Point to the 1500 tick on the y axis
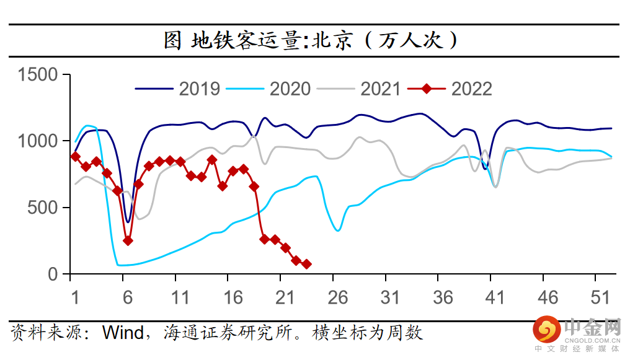[x=38, y=75]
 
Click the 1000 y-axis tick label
[x=38, y=141]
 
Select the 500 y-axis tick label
[x=45, y=208]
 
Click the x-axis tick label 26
[x=338, y=297]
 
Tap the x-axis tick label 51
[x=600, y=297]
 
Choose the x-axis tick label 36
[x=443, y=297]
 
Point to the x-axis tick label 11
[x=180, y=297]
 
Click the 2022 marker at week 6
[x=128, y=240]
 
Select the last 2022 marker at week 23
[x=306, y=264]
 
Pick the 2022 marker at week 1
[x=75, y=157]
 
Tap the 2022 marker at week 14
[x=212, y=159]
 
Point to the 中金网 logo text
[x=592, y=327]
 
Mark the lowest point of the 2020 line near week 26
[x=338, y=230]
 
